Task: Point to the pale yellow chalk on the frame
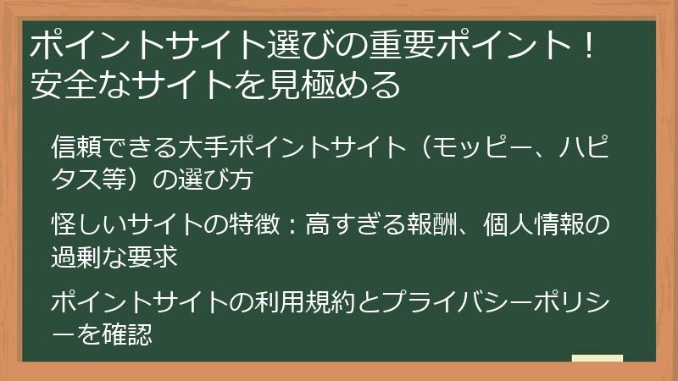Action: pos(597,360)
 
